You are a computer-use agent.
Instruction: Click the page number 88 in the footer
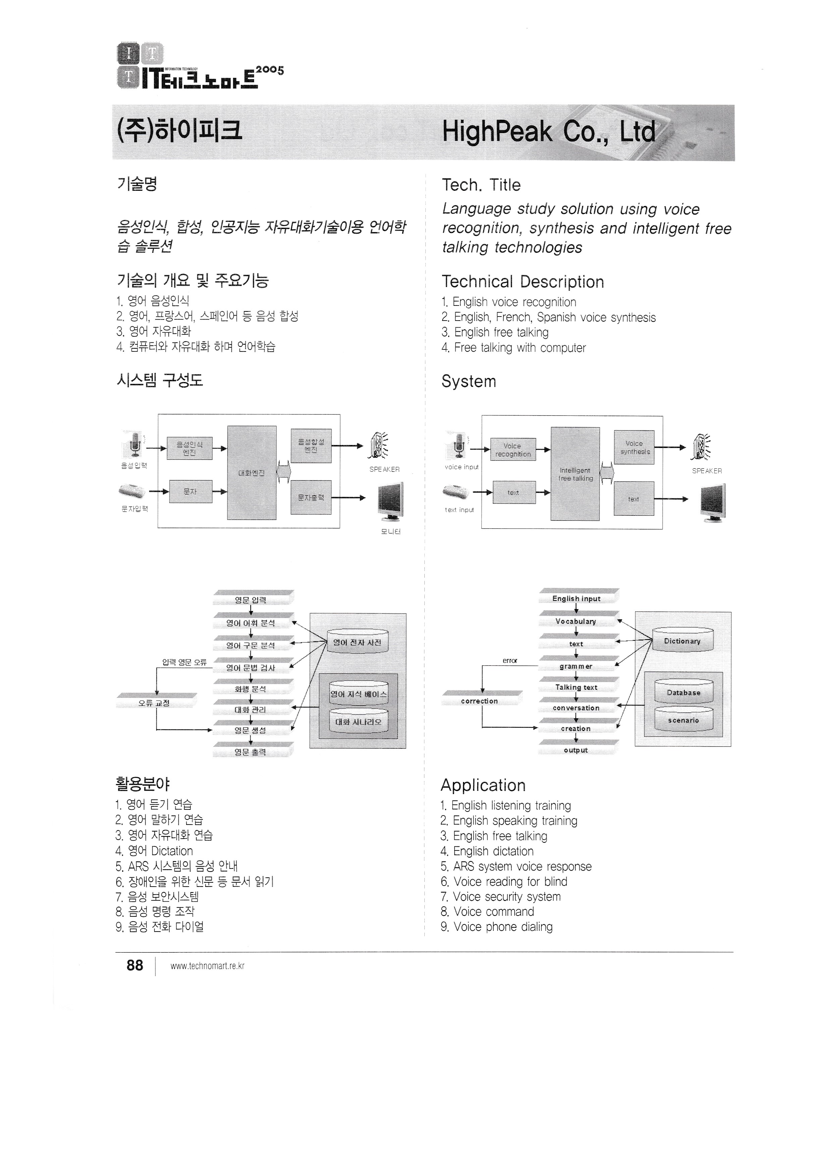coord(135,965)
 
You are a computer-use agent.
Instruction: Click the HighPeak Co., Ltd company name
coord(549,132)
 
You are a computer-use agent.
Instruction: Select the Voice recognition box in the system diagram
coord(513,450)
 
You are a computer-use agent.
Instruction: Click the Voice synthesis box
coord(634,447)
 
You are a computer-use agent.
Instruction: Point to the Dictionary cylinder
coord(682,640)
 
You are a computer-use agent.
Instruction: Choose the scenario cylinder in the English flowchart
coord(683,720)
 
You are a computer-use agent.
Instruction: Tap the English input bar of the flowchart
coord(576,598)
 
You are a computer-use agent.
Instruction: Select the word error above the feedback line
coord(510,661)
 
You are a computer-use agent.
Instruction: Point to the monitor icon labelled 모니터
coord(391,499)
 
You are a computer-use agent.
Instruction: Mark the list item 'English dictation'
coord(493,851)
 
